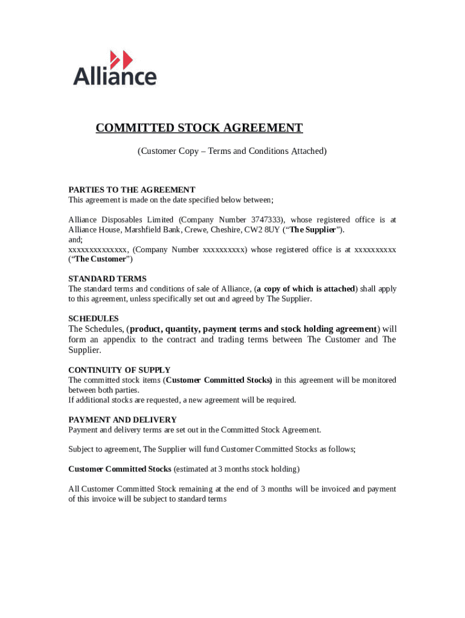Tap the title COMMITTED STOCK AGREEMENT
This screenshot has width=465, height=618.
pyautogui.click(x=199, y=128)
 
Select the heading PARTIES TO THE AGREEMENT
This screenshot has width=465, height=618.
pyautogui.click(x=132, y=190)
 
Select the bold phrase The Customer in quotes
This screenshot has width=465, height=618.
pyautogui.click(x=100, y=260)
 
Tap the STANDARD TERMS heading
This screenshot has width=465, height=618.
pyautogui.click(x=107, y=279)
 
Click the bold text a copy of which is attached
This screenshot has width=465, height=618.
pyautogui.click(x=306, y=289)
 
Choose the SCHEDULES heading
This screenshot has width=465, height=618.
pyautogui.click(x=94, y=318)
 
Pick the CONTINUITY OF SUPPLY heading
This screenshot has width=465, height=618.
pyautogui.click(x=120, y=370)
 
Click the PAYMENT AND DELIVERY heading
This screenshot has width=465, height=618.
pyautogui.click(x=123, y=419)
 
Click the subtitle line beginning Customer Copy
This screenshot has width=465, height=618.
pyautogui.click(x=232, y=151)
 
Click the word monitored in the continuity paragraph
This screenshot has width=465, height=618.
pyautogui.click(x=374, y=380)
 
